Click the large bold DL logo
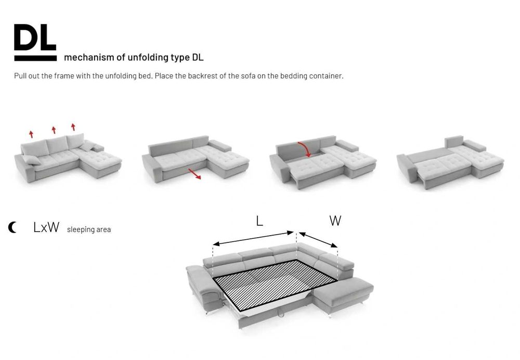(x=35, y=37)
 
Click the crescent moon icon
(x=12, y=227)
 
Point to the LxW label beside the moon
(x=46, y=227)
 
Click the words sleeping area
(x=89, y=229)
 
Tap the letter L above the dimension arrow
(x=259, y=221)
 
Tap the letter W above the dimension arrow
(x=335, y=221)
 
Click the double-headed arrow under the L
(x=253, y=238)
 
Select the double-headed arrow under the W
(x=318, y=240)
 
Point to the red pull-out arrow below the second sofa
(x=194, y=174)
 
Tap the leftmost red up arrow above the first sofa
(x=31, y=134)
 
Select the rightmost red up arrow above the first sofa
(x=73, y=127)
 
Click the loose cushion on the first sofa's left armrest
(x=31, y=160)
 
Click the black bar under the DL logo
(x=35, y=58)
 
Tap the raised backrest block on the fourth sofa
(x=453, y=142)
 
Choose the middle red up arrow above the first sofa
(x=54, y=130)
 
